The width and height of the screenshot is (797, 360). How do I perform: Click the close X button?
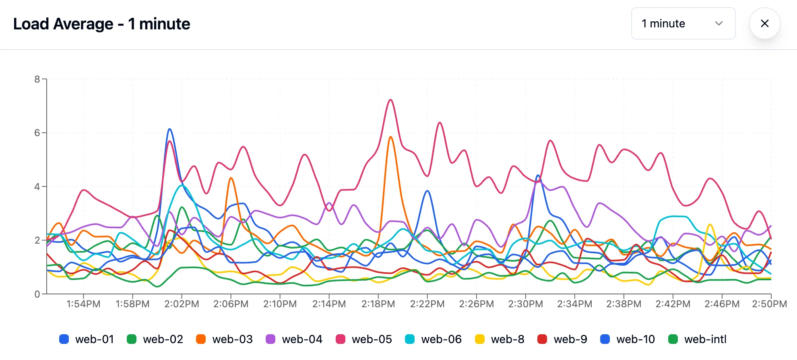click(x=764, y=23)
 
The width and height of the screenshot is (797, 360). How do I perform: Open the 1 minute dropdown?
click(x=683, y=23)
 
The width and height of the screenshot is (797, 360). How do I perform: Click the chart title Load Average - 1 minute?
click(x=101, y=24)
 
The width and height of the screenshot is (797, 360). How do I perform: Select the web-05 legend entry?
click(x=364, y=339)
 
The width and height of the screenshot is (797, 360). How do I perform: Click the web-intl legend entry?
click(x=697, y=339)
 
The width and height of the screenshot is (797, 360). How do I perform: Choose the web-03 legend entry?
click(x=225, y=339)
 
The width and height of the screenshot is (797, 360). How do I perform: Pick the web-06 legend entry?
click(x=434, y=339)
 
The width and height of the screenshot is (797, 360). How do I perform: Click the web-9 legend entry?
click(x=562, y=339)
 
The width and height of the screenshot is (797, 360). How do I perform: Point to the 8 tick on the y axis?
click(x=37, y=79)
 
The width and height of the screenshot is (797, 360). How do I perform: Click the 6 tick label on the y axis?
click(x=37, y=133)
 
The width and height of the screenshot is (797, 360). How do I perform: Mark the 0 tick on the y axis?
click(x=37, y=294)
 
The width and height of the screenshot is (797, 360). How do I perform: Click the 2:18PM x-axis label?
click(x=378, y=304)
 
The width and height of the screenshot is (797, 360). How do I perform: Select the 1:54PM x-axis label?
click(x=83, y=304)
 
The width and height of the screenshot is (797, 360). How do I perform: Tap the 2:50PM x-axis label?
click(x=769, y=304)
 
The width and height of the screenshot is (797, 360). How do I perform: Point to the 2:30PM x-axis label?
click(x=525, y=304)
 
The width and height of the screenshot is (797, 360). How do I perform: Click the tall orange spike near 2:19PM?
click(x=390, y=137)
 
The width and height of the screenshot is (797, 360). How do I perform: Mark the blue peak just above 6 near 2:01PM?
click(x=170, y=129)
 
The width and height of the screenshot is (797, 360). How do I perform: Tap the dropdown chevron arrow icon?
click(x=719, y=23)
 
